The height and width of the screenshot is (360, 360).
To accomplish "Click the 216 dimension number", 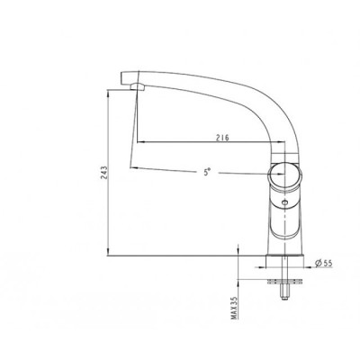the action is click(222, 137).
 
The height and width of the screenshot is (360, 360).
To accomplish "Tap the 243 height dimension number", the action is click(104, 173).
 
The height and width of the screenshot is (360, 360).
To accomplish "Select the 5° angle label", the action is click(207, 172).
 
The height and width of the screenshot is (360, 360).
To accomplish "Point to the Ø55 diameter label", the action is click(323, 263).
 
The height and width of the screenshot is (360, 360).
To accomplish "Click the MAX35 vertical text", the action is click(234, 308).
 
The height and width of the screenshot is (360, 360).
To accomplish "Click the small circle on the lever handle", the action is click(284, 203).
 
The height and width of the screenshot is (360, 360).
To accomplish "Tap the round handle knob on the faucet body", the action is click(284, 177).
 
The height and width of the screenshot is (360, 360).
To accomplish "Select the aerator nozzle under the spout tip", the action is click(138, 86).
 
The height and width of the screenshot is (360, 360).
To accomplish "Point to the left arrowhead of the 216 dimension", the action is click(141, 141).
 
